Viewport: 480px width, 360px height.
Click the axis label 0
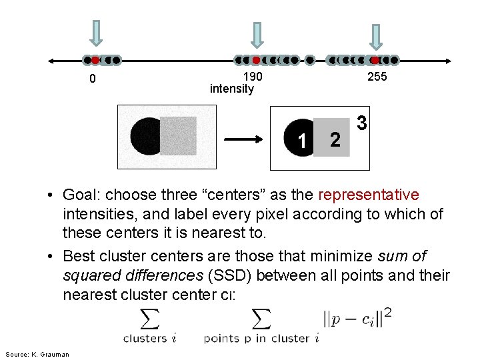coord(93,79)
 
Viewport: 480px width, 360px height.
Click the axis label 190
coord(253,77)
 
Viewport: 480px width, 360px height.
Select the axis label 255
coord(377,77)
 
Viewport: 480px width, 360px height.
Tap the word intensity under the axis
coord(231,89)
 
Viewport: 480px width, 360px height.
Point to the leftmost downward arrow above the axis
coord(97,33)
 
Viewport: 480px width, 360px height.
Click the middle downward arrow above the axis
coord(257,35)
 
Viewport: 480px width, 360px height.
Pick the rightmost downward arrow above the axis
coord(375,37)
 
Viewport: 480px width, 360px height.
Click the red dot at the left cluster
coord(95,60)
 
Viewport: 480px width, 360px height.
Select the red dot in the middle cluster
coord(257,60)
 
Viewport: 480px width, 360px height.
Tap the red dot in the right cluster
coord(375,60)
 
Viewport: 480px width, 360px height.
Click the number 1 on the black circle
coord(303,141)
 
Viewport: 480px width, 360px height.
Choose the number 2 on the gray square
coord(335,139)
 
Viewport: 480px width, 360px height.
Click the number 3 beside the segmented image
coord(361,123)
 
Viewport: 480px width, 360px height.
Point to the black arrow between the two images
coord(246,140)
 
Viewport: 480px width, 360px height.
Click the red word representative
coord(369,195)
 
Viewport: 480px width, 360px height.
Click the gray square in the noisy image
coord(178,136)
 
